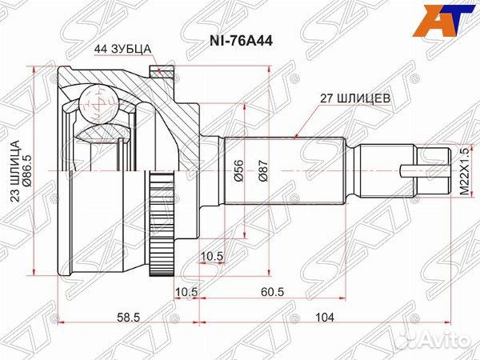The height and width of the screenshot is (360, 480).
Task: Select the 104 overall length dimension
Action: coord(324,318)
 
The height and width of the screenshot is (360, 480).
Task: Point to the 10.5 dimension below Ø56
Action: coord(211,256)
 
